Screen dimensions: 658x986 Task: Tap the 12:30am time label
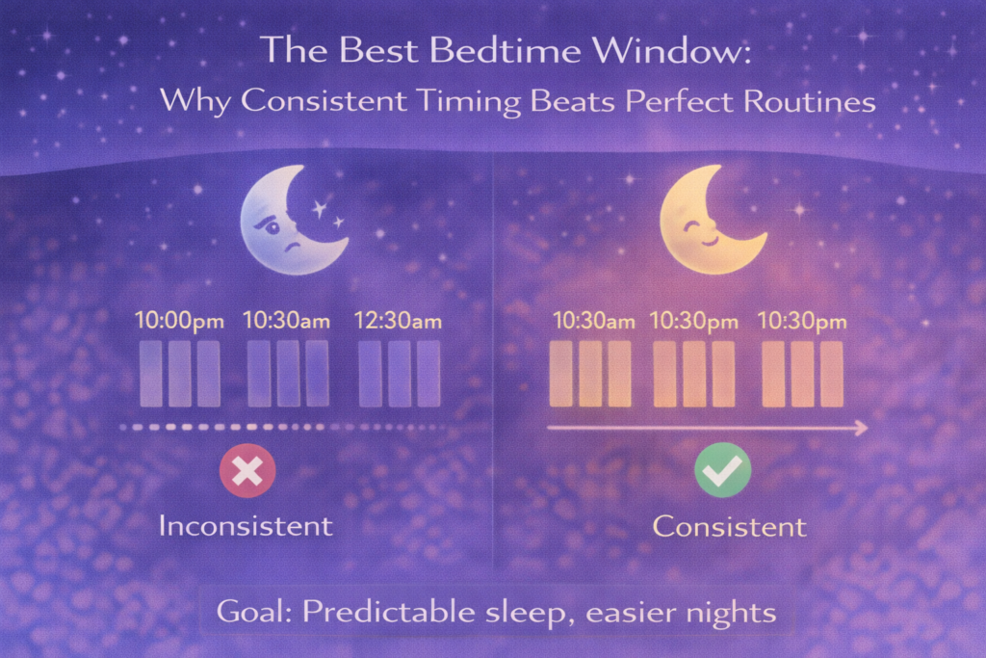point(399,321)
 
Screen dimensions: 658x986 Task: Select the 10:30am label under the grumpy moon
point(286,321)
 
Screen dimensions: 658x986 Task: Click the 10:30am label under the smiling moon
point(593,321)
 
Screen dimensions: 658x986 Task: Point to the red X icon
point(247,471)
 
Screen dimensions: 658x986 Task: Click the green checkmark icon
point(722,470)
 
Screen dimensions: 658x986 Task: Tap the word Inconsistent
point(246,526)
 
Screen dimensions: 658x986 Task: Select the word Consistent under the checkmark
point(729,527)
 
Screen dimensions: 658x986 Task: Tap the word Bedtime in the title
point(488,51)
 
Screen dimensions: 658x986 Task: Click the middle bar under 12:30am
point(399,373)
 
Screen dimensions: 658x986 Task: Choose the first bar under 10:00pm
point(151,373)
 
